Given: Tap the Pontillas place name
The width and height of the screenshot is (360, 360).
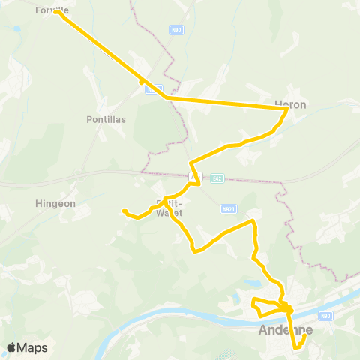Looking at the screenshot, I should (106, 119).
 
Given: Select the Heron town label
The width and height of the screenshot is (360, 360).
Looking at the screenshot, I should (291, 105).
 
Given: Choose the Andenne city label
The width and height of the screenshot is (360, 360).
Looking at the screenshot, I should (284, 329).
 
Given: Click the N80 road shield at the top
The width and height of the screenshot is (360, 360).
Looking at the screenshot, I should (175, 30).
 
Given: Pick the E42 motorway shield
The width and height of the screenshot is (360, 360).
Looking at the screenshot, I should (217, 178).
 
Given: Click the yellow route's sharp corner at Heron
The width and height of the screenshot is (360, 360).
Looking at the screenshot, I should (286, 109).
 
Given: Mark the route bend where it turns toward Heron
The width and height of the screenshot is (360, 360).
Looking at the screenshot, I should (166, 97).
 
